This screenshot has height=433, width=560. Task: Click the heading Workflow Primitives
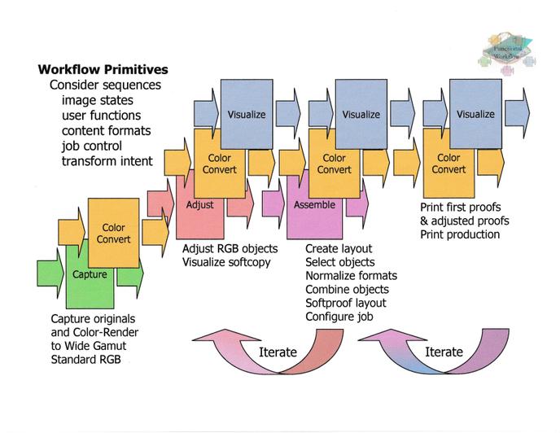pyautogui.click(x=103, y=69)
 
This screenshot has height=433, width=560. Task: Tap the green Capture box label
pyautogui.click(x=90, y=274)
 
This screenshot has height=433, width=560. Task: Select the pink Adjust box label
pyautogui.click(x=199, y=205)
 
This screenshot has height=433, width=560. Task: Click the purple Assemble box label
pyautogui.click(x=314, y=205)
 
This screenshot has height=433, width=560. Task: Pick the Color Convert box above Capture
pyautogui.click(x=114, y=233)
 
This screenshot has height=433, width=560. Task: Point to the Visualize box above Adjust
pyautogui.click(x=247, y=114)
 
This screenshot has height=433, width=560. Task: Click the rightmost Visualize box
pyautogui.click(x=475, y=114)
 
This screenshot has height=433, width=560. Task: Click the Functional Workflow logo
pyautogui.click(x=507, y=54)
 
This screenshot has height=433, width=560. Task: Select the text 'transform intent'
pyautogui.click(x=107, y=161)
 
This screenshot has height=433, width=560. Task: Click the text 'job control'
pyautogui.click(x=92, y=146)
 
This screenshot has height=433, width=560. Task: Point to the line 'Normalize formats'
pyautogui.click(x=352, y=276)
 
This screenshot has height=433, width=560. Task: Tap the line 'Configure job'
pyautogui.click(x=339, y=317)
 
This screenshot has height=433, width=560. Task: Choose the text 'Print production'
pyautogui.click(x=460, y=234)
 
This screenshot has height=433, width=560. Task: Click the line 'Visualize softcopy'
pyautogui.click(x=226, y=262)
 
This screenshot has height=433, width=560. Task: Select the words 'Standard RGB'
pyautogui.click(x=85, y=359)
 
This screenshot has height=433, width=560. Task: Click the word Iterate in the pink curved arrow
pyautogui.click(x=278, y=352)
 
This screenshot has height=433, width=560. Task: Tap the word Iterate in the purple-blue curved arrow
pyautogui.click(x=444, y=352)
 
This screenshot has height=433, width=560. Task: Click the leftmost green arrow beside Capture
pyautogui.click(x=50, y=273)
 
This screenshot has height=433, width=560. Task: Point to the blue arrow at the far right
pyautogui.click(x=518, y=113)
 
